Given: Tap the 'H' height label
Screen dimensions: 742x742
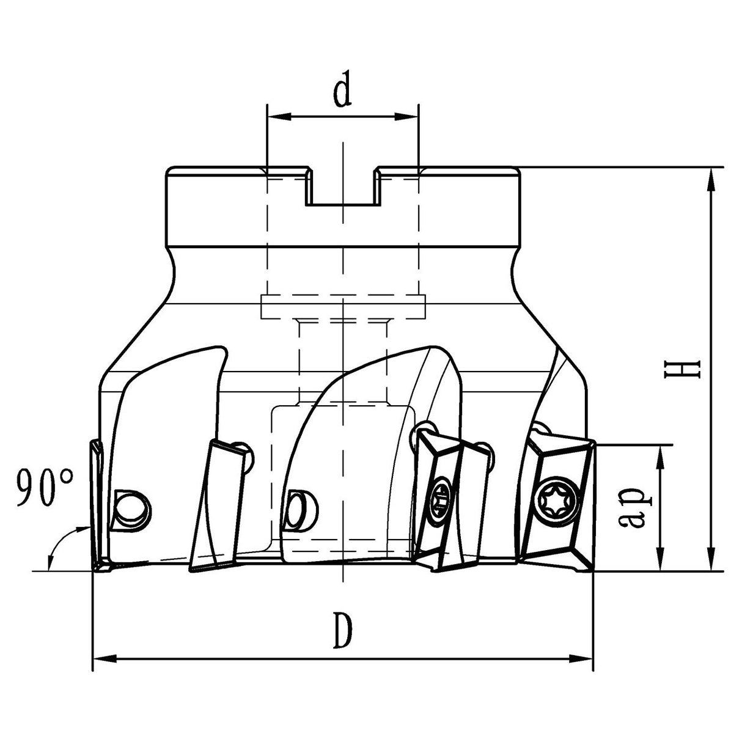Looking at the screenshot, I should tap(690, 369).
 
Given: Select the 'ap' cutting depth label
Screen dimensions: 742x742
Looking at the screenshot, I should tap(637, 507).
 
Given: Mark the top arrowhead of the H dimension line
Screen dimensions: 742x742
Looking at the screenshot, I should tap(710, 178).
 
